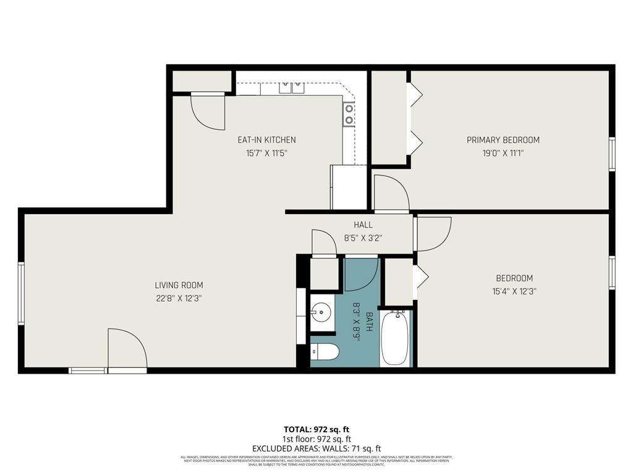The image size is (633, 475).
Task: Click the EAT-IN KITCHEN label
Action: pyautogui.click(x=266, y=140)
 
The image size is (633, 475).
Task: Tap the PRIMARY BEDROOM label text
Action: pyautogui.click(x=503, y=140)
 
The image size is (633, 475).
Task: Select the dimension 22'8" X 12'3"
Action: pyautogui.click(x=179, y=297)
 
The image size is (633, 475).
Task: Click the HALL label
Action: pyautogui.click(x=363, y=225)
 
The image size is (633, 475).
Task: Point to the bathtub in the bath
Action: pyautogui.click(x=395, y=338)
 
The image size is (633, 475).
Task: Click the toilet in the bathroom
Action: pyautogui.click(x=325, y=352)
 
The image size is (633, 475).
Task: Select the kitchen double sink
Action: pyautogui.click(x=291, y=88)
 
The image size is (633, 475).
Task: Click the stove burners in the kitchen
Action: pyautogui.click(x=349, y=113)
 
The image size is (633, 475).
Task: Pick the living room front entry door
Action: pyautogui.click(x=127, y=351)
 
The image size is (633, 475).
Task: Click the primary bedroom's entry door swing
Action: pyautogui.click(x=391, y=194)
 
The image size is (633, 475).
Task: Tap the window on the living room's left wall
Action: pyautogui.click(x=21, y=293)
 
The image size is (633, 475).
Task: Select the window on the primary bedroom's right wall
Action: pyautogui.click(x=612, y=153)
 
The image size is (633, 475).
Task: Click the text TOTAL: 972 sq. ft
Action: pyautogui.click(x=316, y=429)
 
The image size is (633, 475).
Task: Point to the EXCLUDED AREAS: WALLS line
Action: pyautogui.click(x=316, y=448)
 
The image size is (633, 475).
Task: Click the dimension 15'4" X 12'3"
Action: pyautogui.click(x=514, y=291)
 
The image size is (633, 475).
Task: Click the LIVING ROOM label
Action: pyautogui.click(x=179, y=285)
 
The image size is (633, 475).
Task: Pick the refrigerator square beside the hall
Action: pyautogui.click(x=349, y=187)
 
